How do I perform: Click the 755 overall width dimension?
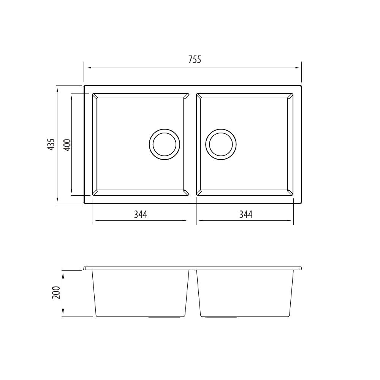coord(195,60)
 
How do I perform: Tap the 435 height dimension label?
coord(51,144)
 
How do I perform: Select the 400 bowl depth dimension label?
coord(67,145)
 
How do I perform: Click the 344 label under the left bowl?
coord(141,214)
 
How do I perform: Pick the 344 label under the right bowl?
coord(246,214)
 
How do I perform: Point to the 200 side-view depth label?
coord(56,293)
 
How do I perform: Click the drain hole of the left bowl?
coord(164,144)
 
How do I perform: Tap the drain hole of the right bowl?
coord(221,144)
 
